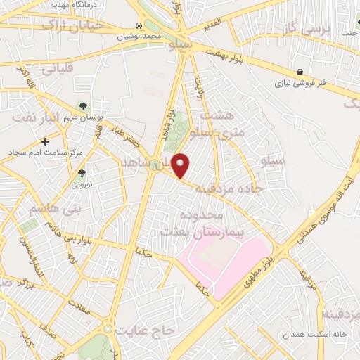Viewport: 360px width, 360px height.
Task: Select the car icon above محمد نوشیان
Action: point(139,26)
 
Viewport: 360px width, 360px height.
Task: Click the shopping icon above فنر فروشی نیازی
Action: point(300,72)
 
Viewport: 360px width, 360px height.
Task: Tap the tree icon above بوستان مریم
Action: point(83,106)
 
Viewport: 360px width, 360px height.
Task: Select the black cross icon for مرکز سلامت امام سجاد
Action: point(46,141)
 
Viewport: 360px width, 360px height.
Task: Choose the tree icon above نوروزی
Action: point(82,173)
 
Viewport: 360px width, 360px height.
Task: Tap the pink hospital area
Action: point(225,264)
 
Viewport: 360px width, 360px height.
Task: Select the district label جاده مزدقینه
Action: point(229,188)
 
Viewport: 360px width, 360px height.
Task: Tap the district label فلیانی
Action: point(58,70)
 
